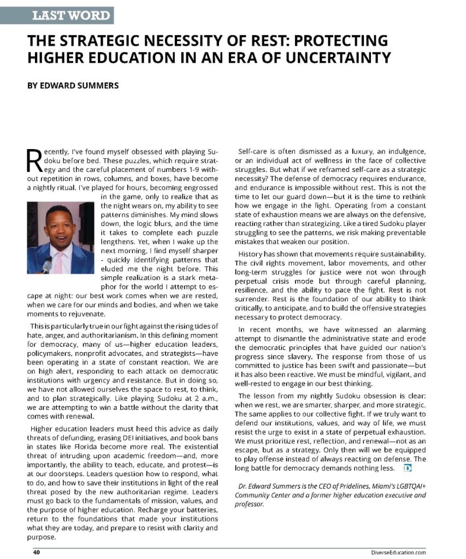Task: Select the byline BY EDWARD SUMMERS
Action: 73,86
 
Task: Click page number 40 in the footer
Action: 37,552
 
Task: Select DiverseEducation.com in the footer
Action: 398,552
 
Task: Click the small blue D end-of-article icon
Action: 407,468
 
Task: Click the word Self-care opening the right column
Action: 256,151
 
